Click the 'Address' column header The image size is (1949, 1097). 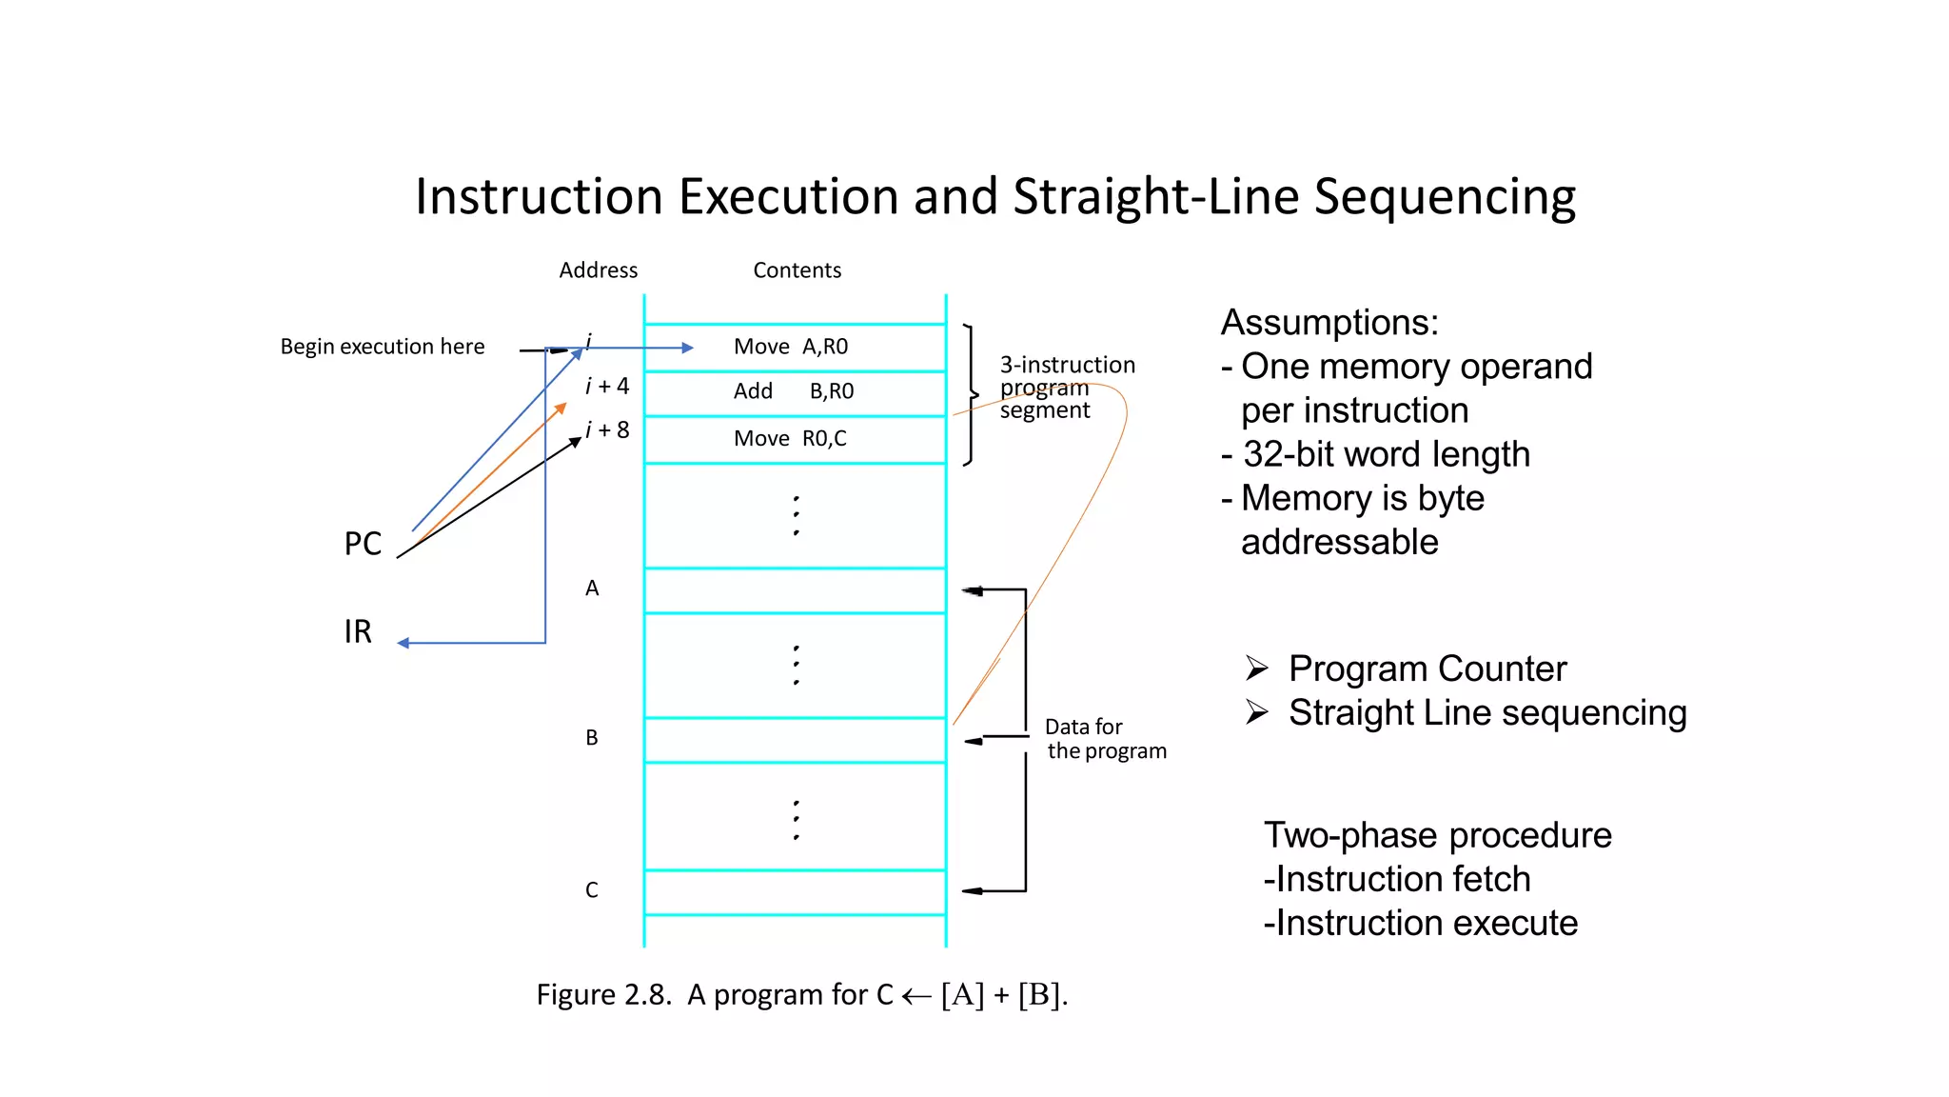click(x=598, y=270)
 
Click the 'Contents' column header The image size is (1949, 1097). click(x=797, y=270)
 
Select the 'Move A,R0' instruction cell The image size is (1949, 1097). click(x=791, y=347)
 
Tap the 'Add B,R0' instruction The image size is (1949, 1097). click(x=793, y=391)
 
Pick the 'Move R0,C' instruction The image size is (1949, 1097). click(x=790, y=438)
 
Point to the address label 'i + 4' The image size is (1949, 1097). click(x=607, y=386)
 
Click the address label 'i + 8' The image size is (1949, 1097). click(x=607, y=429)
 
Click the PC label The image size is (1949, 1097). click(x=363, y=544)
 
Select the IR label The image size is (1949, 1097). click(x=358, y=631)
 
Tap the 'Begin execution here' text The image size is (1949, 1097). click(x=382, y=347)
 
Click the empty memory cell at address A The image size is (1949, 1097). click(x=795, y=590)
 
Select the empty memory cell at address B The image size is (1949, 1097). click(x=795, y=740)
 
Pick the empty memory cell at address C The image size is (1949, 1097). click(x=795, y=892)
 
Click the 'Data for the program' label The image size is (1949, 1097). click(x=1104, y=739)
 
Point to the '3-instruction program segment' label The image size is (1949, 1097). click(x=1066, y=388)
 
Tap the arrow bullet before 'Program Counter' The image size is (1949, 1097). click(x=1256, y=668)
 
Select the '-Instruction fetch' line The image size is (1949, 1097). click(x=1397, y=879)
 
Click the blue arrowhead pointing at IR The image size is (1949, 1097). click(x=404, y=644)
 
